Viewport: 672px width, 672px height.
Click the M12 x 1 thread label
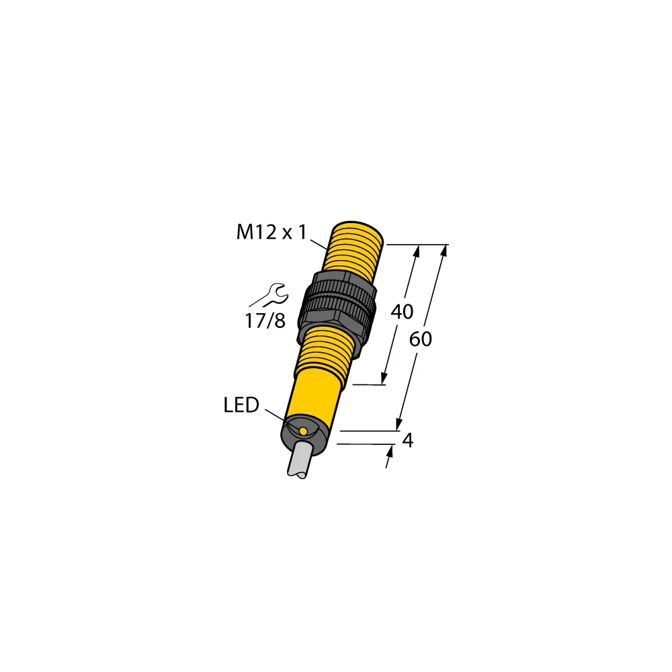click(271, 233)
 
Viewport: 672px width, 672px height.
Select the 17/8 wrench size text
click(265, 321)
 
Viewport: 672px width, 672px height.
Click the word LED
click(241, 405)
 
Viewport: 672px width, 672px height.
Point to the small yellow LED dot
click(303, 430)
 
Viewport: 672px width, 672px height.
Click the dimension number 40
click(402, 312)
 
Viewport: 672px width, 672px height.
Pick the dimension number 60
click(421, 340)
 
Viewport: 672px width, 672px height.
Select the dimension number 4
click(407, 441)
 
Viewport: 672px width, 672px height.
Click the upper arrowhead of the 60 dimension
click(444, 252)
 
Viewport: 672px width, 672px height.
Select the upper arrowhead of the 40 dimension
click(417, 251)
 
